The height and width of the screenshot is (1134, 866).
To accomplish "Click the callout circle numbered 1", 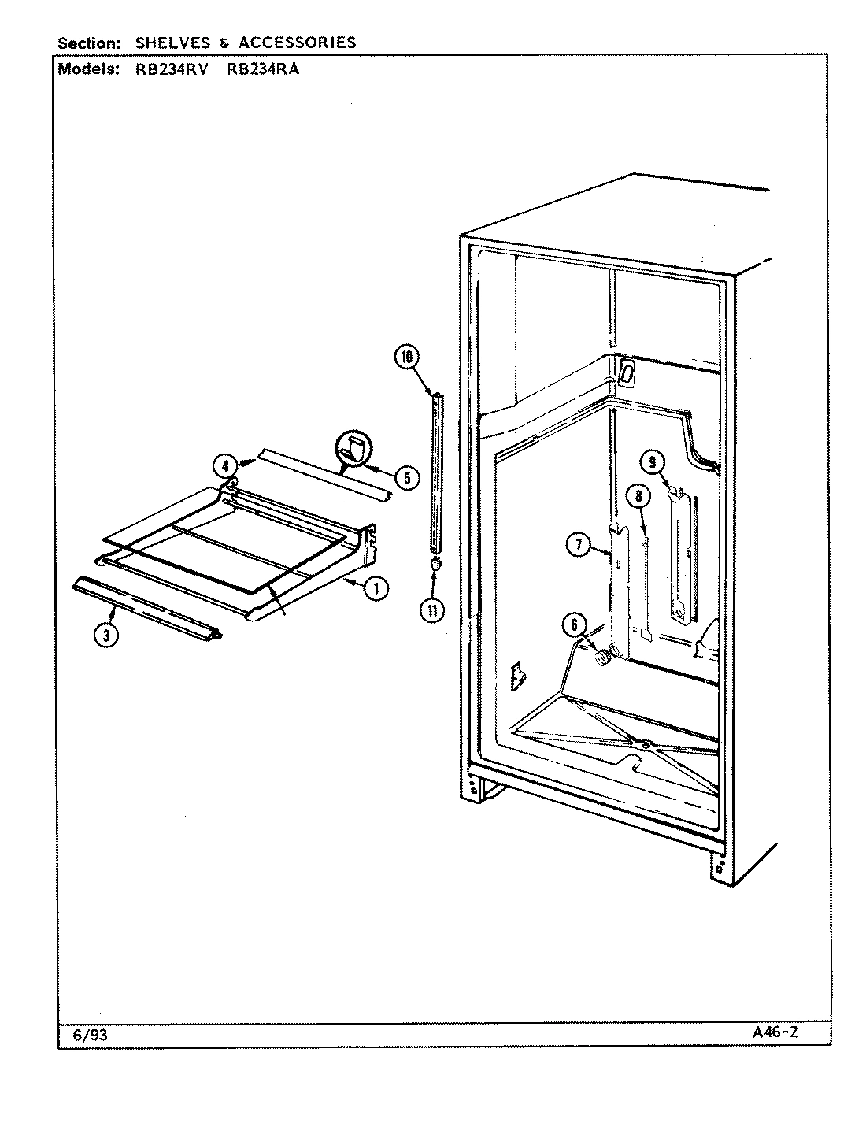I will coord(377,587).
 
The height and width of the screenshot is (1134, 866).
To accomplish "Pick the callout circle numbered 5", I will coord(407,476).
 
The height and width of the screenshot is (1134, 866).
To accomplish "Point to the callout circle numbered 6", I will coord(574,624).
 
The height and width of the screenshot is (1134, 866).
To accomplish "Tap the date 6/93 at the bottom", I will coord(90,1035).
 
